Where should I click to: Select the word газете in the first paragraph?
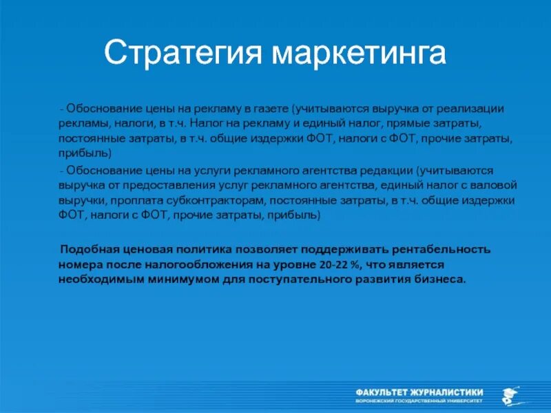coord(267,109)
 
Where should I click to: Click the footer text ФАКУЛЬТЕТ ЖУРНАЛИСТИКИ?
coord(419,390)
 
